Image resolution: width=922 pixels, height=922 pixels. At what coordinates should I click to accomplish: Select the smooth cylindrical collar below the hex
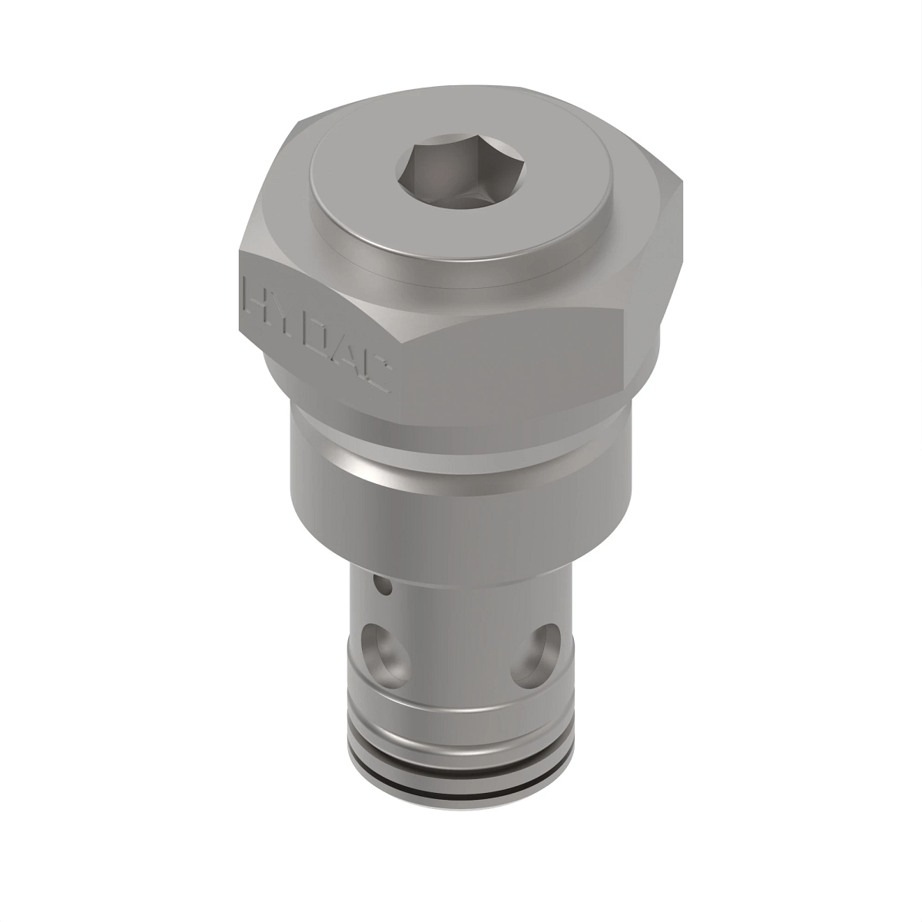pos(461,507)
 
